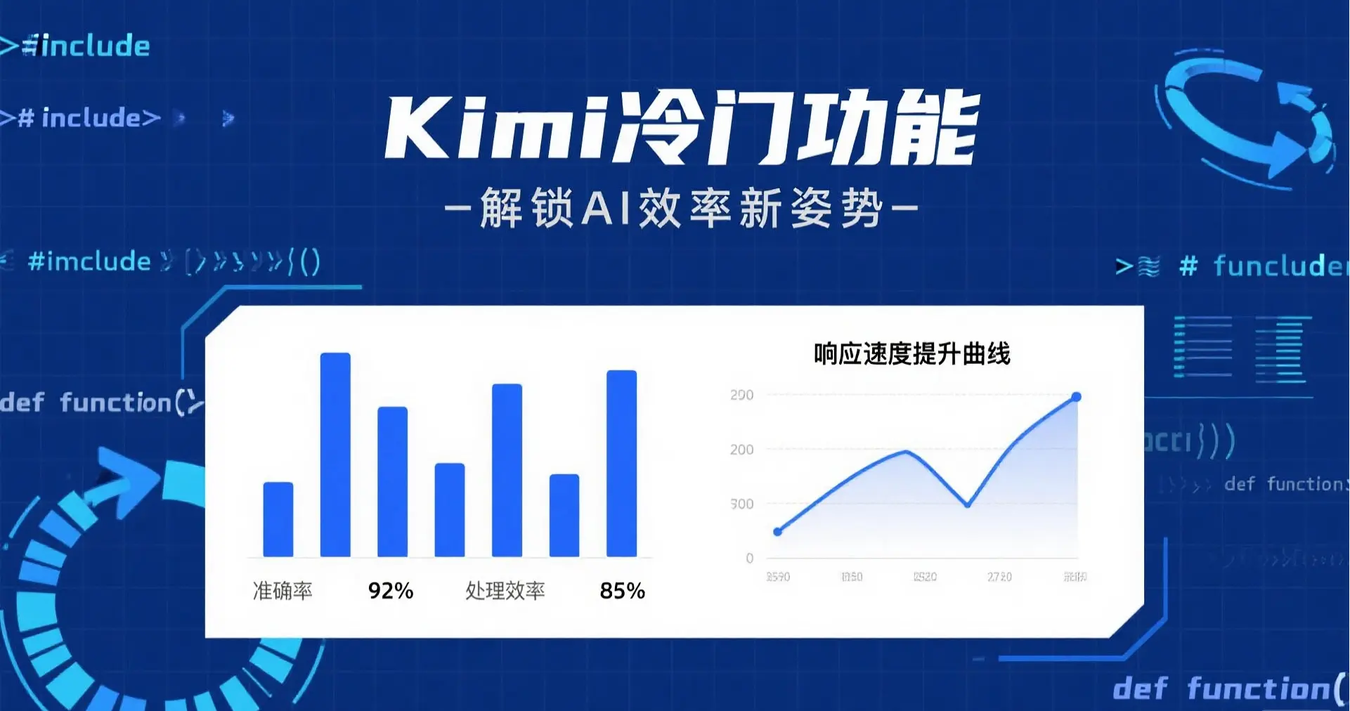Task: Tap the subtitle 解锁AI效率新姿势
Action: (x=681, y=208)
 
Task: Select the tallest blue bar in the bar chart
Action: (x=335, y=455)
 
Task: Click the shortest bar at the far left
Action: (x=278, y=519)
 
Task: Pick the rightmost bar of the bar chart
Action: (x=621, y=464)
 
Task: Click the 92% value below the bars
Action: (x=391, y=591)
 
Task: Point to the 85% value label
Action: (x=622, y=591)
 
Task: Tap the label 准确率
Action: (x=283, y=591)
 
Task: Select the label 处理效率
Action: (x=505, y=591)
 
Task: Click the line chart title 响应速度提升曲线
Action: (x=911, y=353)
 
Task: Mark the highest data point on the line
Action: (x=1076, y=397)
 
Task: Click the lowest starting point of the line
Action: (x=777, y=532)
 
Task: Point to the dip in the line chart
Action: (x=968, y=504)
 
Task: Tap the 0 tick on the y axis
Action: (x=750, y=558)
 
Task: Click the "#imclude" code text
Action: (x=89, y=261)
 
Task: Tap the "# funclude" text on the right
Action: (x=1262, y=266)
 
